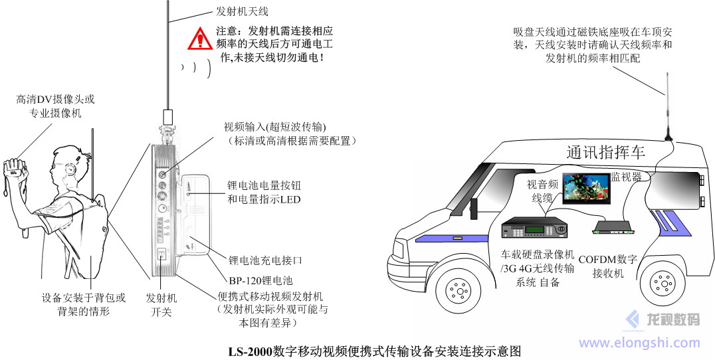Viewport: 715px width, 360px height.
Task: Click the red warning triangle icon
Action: tap(199, 40)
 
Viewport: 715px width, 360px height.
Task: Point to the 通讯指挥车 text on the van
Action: tap(606, 153)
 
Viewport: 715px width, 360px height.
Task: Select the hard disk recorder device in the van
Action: tap(536, 229)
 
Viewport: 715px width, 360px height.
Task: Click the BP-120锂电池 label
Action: tap(260, 281)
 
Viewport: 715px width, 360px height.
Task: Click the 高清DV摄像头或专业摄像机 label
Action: tap(56, 106)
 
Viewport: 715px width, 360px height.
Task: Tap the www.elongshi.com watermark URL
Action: tap(639, 343)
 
